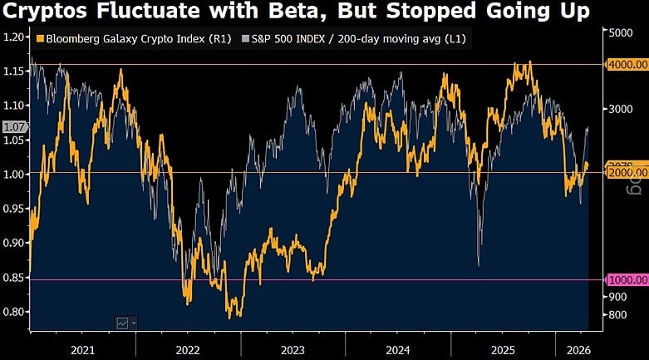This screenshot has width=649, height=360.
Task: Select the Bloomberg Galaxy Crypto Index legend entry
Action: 125,39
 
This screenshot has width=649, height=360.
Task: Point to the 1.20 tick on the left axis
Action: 13,37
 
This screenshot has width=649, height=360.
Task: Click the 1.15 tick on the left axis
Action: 13,72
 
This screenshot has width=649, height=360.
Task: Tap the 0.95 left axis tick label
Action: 13,209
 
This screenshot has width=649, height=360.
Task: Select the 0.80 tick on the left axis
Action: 13,312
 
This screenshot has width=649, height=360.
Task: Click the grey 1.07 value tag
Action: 14,127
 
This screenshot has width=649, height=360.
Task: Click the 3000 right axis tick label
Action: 622,109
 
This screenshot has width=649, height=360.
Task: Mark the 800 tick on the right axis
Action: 619,314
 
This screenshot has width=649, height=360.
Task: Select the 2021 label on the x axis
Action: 82,350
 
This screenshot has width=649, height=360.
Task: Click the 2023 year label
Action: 293,350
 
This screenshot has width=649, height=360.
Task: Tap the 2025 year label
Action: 503,350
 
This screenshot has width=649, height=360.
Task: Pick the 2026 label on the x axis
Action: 573,350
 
